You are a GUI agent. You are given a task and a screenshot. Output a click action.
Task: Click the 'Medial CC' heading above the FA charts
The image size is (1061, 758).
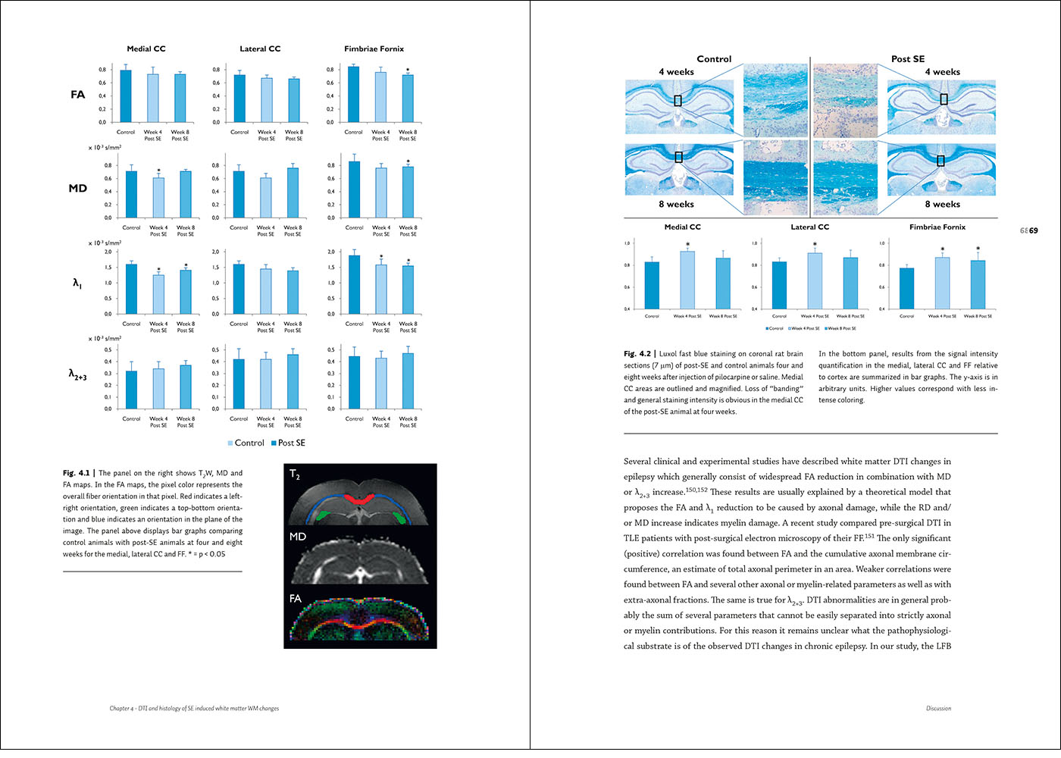146,49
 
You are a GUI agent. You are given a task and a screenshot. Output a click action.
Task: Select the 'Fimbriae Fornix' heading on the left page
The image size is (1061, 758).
374,49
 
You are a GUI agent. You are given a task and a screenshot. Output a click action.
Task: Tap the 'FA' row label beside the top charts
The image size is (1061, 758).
78,95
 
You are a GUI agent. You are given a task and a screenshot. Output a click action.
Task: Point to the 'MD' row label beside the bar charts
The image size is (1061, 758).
78,188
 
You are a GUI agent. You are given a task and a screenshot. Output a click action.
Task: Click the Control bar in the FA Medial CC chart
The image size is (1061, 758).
126,96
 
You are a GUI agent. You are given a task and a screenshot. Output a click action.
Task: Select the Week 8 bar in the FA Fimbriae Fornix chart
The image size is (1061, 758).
408,99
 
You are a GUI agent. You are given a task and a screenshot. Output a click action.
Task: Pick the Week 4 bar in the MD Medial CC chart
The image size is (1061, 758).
158,198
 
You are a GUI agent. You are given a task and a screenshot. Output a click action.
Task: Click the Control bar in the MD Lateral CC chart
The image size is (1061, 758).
239,194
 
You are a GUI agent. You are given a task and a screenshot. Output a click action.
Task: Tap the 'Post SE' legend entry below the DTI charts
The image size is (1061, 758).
288,443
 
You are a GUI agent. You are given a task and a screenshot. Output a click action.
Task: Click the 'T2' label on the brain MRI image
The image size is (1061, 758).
295,475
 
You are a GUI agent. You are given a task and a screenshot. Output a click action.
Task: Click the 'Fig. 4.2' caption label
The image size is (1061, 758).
637,354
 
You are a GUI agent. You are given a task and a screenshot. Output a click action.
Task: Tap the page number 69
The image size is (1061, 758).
1034,230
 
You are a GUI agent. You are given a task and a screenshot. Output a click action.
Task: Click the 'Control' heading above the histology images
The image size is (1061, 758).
714,59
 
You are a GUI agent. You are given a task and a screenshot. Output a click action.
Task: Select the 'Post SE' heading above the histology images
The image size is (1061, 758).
907,59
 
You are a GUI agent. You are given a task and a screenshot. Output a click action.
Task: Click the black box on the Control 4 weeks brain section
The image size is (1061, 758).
678,100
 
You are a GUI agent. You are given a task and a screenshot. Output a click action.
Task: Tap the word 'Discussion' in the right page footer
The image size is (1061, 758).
938,709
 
